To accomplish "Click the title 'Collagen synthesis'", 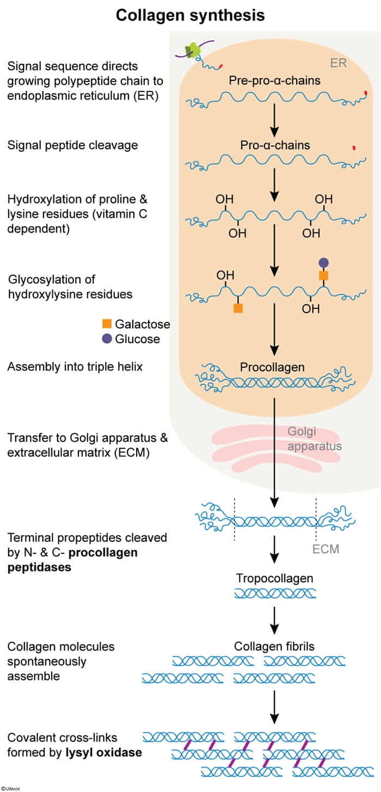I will [x=190, y=15].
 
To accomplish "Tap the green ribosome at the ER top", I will [x=192, y=51].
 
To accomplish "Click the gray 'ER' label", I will [x=339, y=63].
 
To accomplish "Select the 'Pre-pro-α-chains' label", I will [x=274, y=82].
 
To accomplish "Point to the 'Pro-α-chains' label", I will [x=274, y=145].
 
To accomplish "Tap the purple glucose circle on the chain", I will [x=323, y=262].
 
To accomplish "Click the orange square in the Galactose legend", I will [x=107, y=324].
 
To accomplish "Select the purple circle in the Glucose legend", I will [x=107, y=339].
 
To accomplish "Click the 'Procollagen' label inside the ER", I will [x=272, y=367].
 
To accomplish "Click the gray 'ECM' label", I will [x=326, y=549].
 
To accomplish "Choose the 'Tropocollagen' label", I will [x=274, y=578].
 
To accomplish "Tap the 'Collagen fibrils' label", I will [x=274, y=647].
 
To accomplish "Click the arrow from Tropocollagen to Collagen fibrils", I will [x=274, y=618].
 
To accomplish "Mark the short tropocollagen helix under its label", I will [x=274, y=593].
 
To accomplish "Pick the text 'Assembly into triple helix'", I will [x=75, y=367].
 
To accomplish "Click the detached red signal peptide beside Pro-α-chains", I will [x=354, y=147].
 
